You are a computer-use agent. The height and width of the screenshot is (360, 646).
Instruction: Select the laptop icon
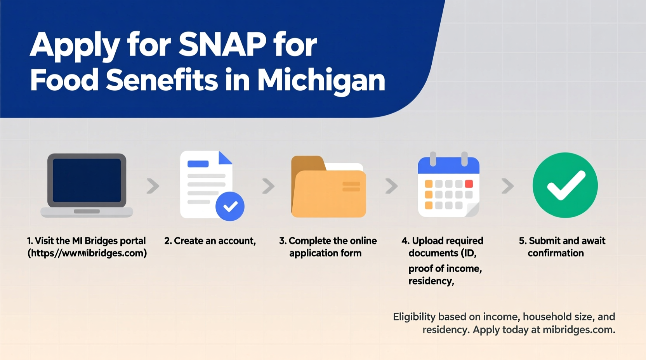click(x=87, y=185)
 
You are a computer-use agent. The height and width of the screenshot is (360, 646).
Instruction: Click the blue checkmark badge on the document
click(x=230, y=206)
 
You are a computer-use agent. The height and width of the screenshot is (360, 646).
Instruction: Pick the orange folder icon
click(x=328, y=187)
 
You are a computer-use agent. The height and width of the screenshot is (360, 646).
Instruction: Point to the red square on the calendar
click(x=469, y=184)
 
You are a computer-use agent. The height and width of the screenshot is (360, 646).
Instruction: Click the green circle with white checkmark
click(x=565, y=185)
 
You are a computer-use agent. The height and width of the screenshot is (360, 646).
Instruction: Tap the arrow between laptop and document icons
click(x=153, y=186)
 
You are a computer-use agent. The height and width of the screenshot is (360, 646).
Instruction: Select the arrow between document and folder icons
click(x=268, y=186)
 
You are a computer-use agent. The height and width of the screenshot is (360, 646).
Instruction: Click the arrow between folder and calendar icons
click(x=391, y=186)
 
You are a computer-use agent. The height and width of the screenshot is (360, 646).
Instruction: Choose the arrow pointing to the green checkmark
click(x=507, y=186)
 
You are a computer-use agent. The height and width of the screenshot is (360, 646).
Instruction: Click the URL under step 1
click(x=87, y=253)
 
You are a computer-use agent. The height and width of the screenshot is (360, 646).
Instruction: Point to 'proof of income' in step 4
click(x=445, y=268)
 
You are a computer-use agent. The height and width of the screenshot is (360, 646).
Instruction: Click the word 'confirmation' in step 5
click(x=556, y=253)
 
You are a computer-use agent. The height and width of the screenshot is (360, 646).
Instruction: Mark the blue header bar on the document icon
click(x=198, y=164)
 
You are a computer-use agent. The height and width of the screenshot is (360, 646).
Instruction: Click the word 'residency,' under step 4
click(x=431, y=281)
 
